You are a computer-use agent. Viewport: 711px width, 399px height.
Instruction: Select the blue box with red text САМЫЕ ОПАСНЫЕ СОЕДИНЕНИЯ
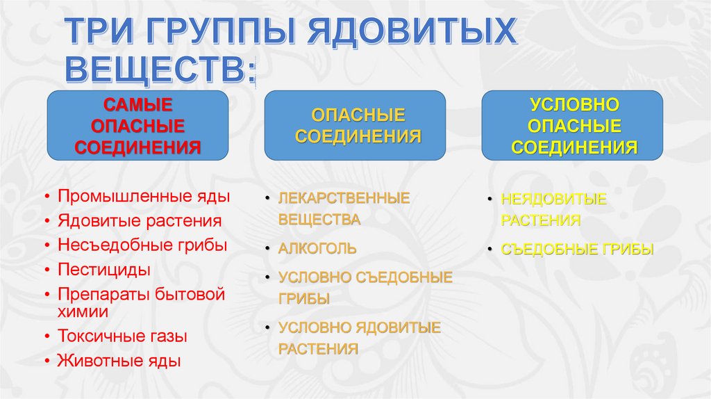pyautogui.click(x=137, y=126)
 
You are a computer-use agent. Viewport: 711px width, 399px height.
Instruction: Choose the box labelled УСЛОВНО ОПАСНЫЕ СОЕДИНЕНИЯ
pyautogui.click(x=574, y=126)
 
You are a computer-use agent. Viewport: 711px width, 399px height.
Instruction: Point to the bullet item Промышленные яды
pyautogui.click(x=144, y=197)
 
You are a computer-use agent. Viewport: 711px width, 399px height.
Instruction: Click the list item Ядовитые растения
pyautogui.click(x=140, y=221)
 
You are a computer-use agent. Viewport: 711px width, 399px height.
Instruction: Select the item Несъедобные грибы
pyautogui.click(x=142, y=245)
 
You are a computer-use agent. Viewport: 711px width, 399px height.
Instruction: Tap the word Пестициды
pyautogui.click(x=104, y=269)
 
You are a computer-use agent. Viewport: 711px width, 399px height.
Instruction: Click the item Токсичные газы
pyautogui.click(x=122, y=336)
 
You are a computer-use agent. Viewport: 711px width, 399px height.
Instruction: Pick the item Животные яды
pyautogui.click(x=119, y=361)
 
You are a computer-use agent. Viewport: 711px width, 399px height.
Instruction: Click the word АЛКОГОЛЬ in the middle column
pyautogui.click(x=318, y=248)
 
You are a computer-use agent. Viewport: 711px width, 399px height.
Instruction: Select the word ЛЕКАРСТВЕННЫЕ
pyautogui.click(x=344, y=198)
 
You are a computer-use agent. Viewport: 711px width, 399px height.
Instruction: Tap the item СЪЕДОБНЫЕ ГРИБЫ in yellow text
pyautogui.click(x=577, y=249)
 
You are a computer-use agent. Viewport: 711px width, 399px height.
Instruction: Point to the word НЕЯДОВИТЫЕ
pyautogui.click(x=554, y=199)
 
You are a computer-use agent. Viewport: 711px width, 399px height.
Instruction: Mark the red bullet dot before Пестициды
pyautogui.click(x=46, y=270)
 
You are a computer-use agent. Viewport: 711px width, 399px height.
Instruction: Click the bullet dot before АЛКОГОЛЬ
pyautogui.click(x=267, y=248)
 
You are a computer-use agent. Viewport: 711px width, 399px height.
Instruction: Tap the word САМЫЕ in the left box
pyautogui.click(x=137, y=105)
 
